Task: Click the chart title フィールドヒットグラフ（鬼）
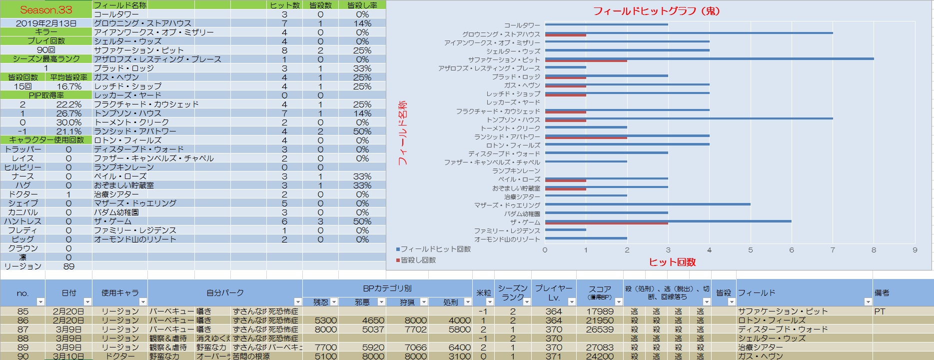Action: (656, 10)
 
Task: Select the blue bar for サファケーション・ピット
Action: (709, 58)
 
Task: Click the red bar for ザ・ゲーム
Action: (606, 223)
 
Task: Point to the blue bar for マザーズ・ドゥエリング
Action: (648, 204)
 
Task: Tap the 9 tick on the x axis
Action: (915, 250)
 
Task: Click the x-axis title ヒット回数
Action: (672, 262)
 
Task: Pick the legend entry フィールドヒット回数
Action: (433, 249)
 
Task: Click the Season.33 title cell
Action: (46, 9)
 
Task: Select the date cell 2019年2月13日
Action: (46, 23)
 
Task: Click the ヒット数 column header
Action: (284, 5)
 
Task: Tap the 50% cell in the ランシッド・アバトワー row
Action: (362, 131)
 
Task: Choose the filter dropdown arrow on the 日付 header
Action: (87, 301)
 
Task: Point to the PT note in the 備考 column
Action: (880, 311)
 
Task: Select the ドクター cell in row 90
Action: (119, 356)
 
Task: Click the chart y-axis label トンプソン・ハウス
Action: (513, 120)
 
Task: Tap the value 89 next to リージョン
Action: (69, 266)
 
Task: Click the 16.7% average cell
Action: (69, 86)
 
